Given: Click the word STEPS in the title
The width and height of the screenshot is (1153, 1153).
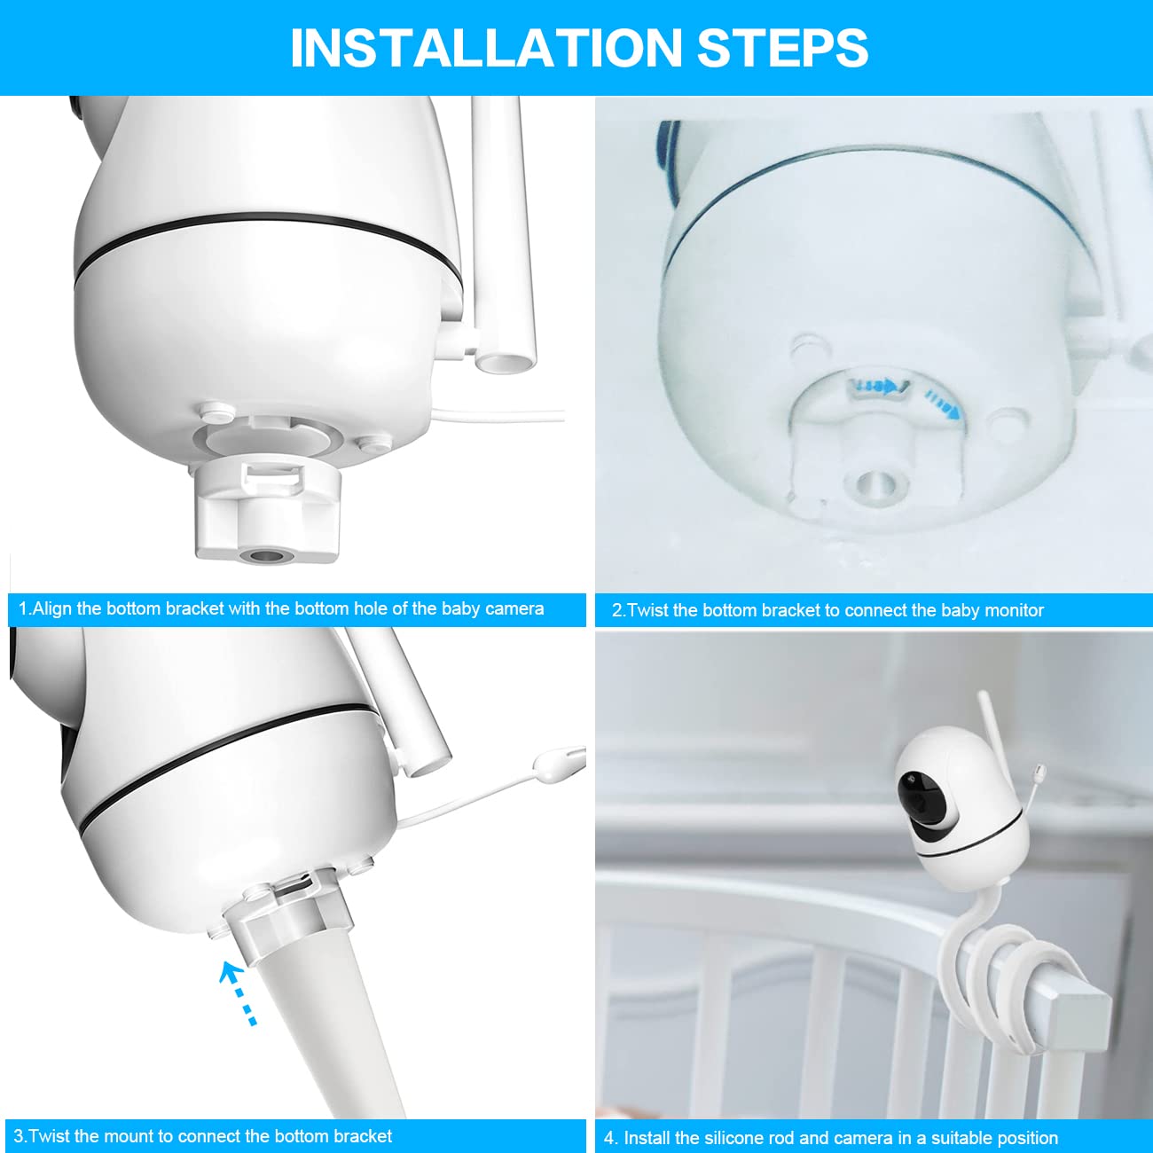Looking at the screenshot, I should coord(782,48).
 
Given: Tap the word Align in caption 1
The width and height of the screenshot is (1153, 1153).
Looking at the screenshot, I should coord(52,609).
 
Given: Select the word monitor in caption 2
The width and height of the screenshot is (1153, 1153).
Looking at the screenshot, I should coord(1012,610).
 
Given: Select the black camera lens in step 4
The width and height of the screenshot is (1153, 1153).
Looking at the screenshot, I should coord(914,788).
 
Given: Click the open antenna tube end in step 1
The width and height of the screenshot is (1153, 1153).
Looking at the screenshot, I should coord(506,359).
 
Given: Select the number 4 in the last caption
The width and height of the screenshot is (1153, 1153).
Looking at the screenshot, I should coord(609,1138).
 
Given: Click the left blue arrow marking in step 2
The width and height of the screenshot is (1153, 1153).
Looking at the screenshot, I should coord(877,387).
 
